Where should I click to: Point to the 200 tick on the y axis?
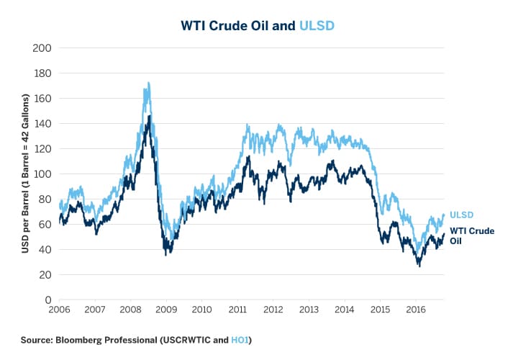click(42, 48)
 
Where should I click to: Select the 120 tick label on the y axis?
click(42, 149)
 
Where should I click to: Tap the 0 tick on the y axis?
click(47, 300)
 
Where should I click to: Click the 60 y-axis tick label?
click(45, 225)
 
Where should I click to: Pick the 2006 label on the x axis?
click(59, 310)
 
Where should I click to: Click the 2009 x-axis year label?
click(166, 310)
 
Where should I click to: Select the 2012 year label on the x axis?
click(273, 310)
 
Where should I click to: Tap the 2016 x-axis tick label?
click(416, 310)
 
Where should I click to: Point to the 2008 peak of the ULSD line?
click(148, 84)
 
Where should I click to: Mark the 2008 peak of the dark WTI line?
click(149, 115)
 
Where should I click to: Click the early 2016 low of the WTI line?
click(419, 266)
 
